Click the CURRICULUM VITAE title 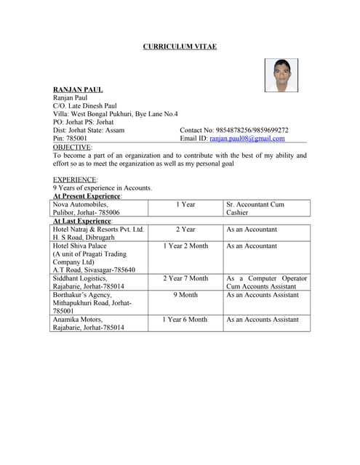click(x=180, y=46)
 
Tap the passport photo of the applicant click(x=281, y=76)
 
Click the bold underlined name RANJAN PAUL click(x=78, y=89)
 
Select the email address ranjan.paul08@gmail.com click(x=247, y=138)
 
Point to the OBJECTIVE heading click(x=72, y=147)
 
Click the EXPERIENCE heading click(x=75, y=179)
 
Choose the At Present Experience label click(x=87, y=196)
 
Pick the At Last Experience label click(x=82, y=221)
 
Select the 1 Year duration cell click(x=185, y=205)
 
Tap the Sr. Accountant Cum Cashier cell click(x=266, y=209)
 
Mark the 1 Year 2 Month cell click(x=185, y=246)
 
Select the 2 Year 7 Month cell click(x=185, y=278)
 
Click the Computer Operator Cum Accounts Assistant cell click(x=266, y=282)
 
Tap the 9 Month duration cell click(x=185, y=295)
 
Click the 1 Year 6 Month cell click(x=185, y=319)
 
